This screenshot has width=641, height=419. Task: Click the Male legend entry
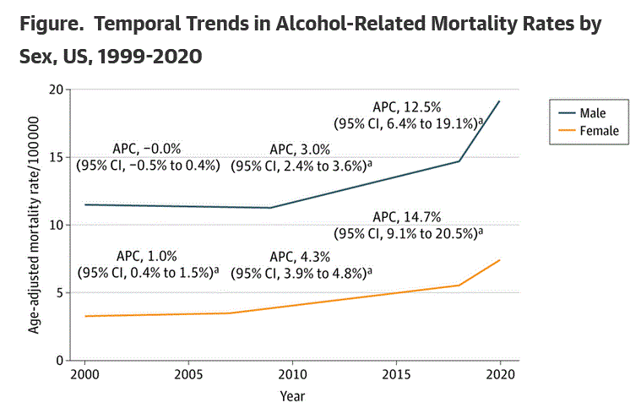click(x=591, y=112)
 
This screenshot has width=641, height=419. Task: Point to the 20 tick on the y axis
click(x=57, y=90)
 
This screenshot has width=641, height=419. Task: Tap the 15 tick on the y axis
click(x=57, y=157)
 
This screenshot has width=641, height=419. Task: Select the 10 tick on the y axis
click(x=57, y=225)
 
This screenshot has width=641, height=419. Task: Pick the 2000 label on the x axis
click(x=84, y=374)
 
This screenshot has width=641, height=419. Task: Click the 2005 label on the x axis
click(x=188, y=374)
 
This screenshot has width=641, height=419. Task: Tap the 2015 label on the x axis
click(x=396, y=374)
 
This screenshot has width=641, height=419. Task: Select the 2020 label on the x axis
click(x=500, y=374)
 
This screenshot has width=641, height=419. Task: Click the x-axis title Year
click(x=292, y=395)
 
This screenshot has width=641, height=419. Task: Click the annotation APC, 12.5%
click(x=407, y=106)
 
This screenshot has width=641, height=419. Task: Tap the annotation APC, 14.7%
click(x=407, y=216)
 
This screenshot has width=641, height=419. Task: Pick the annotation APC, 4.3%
click(x=301, y=257)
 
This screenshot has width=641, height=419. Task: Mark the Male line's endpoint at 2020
click(x=500, y=101)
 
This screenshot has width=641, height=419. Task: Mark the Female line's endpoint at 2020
click(x=500, y=260)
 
